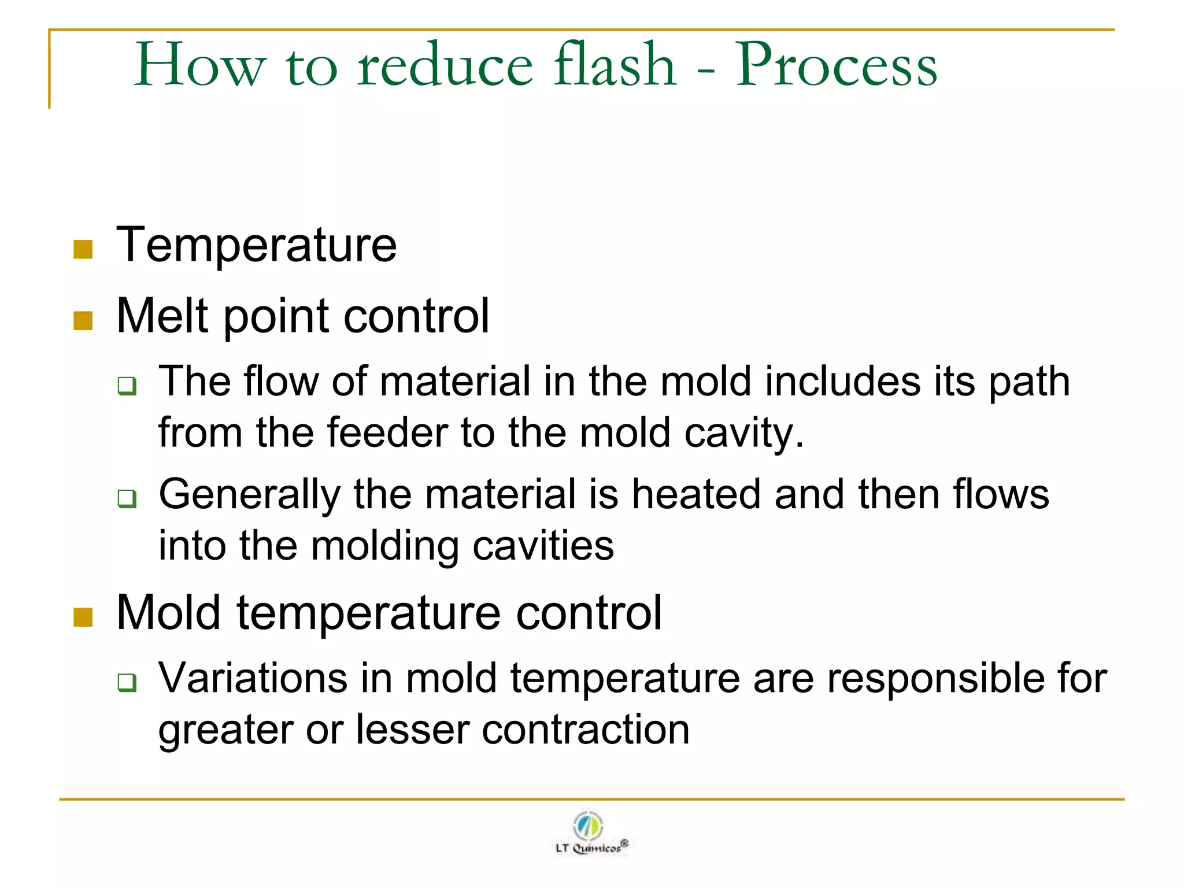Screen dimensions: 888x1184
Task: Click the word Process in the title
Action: (x=836, y=66)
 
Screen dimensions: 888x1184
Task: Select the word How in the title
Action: (x=200, y=66)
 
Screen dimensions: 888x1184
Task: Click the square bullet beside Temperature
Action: (x=83, y=250)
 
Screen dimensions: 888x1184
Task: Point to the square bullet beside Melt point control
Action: (x=83, y=321)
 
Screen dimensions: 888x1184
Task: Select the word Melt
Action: (x=162, y=316)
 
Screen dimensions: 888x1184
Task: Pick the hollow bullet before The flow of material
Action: (x=127, y=385)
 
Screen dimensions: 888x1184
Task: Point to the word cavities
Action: (x=543, y=546)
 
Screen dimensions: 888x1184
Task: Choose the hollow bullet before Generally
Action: (x=127, y=498)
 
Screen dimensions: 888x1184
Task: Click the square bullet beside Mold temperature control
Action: (x=83, y=617)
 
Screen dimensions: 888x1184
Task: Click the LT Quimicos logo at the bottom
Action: (x=590, y=833)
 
